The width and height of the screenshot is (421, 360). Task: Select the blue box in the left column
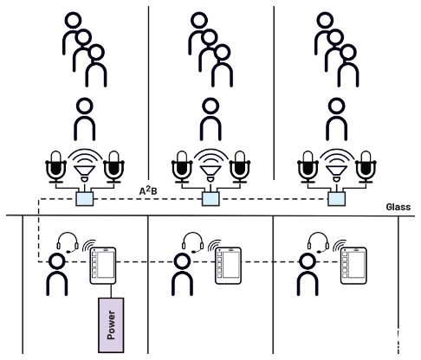[84, 199]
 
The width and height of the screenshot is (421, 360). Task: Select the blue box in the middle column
[209, 199]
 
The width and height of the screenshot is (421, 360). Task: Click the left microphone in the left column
[56, 164]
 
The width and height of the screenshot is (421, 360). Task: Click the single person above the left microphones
[84, 119]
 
